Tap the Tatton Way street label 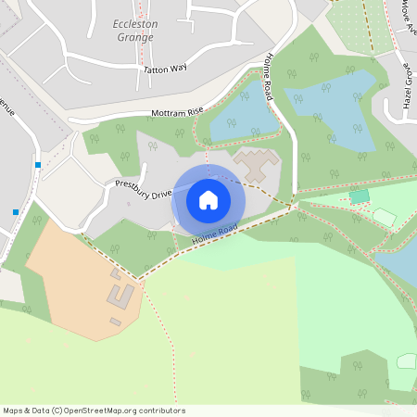coord(164,69)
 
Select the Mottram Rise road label coord(177,112)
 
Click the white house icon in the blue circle coord(208,199)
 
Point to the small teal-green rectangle coord(360,196)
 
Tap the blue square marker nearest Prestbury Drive coord(38,165)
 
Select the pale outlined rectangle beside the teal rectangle coord(384,217)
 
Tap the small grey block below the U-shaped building coord(116,322)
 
